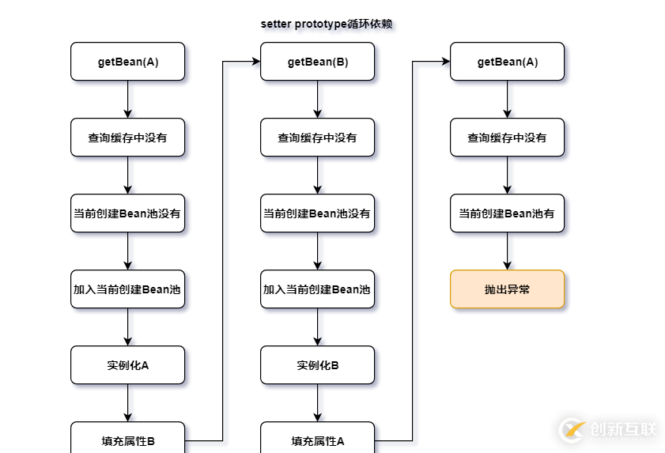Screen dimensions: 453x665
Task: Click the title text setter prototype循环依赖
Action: (x=327, y=25)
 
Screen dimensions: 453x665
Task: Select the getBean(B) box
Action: (x=317, y=62)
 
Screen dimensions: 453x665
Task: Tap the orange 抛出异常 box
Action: (x=507, y=289)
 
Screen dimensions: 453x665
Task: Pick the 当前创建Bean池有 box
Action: (x=507, y=213)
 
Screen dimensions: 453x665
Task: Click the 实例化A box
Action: (x=127, y=365)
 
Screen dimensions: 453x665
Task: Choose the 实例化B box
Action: (x=317, y=365)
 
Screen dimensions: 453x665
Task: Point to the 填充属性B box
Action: (x=127, y=439)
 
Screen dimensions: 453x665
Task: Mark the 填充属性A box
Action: (x=317, y=439)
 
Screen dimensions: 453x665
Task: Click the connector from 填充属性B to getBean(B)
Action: (x=223, y=237)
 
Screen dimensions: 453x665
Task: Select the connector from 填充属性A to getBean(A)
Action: (x=413, y=237)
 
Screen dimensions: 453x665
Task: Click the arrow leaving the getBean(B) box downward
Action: (x=317, y=100)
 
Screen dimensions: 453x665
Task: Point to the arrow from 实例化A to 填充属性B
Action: (x=127, y=403)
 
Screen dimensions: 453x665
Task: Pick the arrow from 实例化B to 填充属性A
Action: (x=317, y=403)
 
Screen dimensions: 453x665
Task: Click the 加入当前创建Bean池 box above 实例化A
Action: (x=127, y=289)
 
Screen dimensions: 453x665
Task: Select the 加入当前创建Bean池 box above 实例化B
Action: (x=317, y=289)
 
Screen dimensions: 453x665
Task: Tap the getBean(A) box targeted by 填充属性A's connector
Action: (x=507, y=62)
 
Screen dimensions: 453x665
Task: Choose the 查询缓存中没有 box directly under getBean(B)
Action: (x=317, y=138)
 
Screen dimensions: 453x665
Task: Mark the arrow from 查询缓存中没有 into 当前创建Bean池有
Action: (x=507, y=176)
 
